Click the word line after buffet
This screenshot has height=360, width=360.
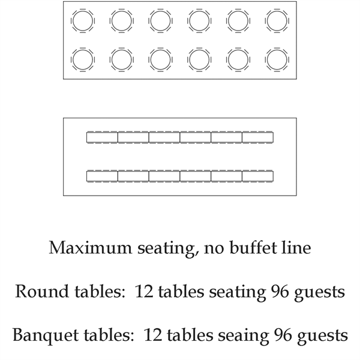point(296,248)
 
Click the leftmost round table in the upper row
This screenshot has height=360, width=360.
point(83,21)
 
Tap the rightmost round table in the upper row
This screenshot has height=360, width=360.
point(277,21)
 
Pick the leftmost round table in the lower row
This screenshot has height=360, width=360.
point(83,59)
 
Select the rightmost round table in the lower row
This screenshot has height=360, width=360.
point(277,59)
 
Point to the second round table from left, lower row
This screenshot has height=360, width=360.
point(122,59)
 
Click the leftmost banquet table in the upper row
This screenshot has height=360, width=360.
point(102,137)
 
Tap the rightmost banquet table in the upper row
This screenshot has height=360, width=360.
point(257,137)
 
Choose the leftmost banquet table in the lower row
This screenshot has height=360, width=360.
point(102,176)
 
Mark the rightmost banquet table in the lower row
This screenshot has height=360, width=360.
point(257,176)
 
